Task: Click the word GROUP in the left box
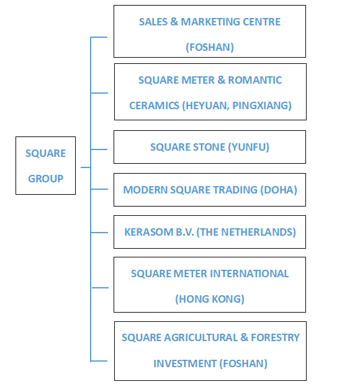click(45, 179)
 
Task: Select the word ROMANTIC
click(254, 80)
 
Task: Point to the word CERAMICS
click(154, 105)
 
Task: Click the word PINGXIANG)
click(262, 105)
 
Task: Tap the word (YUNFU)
click(249, 147)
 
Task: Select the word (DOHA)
click(279, 190)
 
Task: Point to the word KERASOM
click(149, 232)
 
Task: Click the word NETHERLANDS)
click(258, 232)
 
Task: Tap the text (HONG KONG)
click(210, 299)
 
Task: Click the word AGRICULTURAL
click(201, 337)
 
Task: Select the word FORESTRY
click(275, 337)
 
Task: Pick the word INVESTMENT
click(185, 363)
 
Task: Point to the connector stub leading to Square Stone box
click(99, 149)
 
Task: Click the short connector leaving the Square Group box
click(86, 167)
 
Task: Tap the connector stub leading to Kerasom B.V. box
click(99, 233)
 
